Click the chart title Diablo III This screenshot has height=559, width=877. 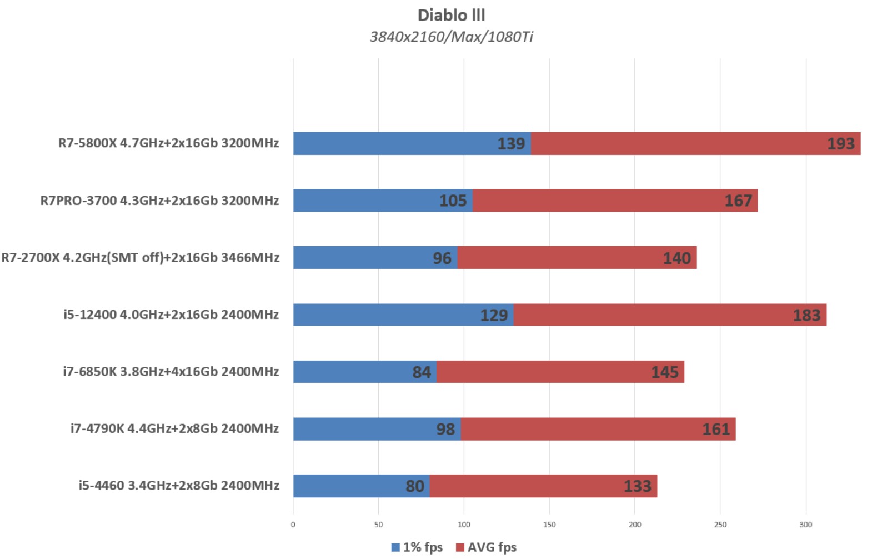pyautogui.click(x=451, y=15)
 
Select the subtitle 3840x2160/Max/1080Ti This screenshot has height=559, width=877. pyautogui.click(x=451, y=37)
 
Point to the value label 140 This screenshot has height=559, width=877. pyautogui.click(x=676, y=258)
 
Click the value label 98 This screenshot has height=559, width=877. pyautogui.click(x=445, y=430)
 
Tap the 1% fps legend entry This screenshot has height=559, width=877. pyautogui.click(x=417, y=547)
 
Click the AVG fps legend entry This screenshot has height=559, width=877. pyautogui.click(x=486, y=547)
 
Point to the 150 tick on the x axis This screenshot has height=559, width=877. pyautogui.click(x=549, y=525)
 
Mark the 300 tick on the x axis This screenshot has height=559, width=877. pyautogui.click(x=805, y=525)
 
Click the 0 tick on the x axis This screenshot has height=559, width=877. pyautogui.click(x=293, y=525)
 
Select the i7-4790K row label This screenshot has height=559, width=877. pyautogui.click(x=174, y=428)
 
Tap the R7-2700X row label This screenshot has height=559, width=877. pyautogui.click(x=140, y=258)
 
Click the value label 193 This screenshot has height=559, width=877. pyautogui.click(x=840, y=144)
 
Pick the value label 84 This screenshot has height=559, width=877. pyautogui.click(x=422, y=372)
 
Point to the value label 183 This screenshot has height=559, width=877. pyautogui.click(x=806, y=316)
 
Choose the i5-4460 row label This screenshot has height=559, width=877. pyautogui.click(x=178, y=486)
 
